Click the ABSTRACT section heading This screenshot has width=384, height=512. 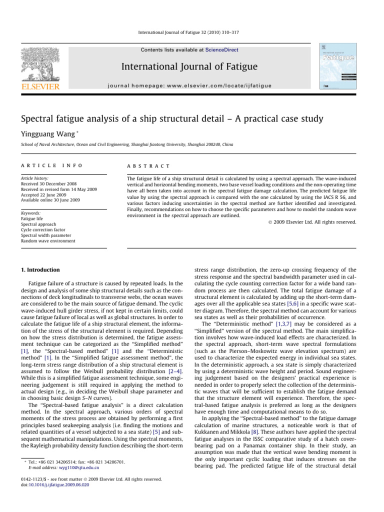(148, 165)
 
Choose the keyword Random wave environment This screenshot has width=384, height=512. (48, 240)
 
